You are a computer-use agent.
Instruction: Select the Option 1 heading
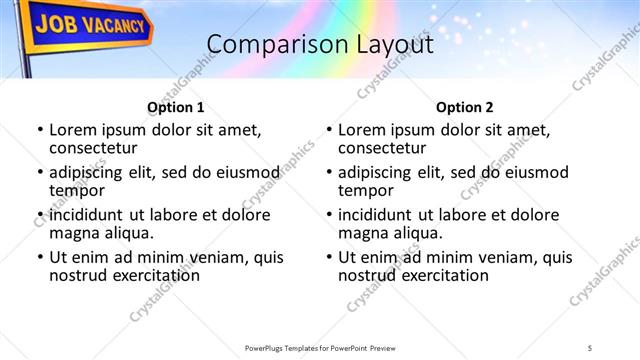(x=175, y=107)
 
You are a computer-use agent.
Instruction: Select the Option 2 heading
(x=465, y=107)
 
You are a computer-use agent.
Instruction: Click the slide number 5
(x=590, y=346)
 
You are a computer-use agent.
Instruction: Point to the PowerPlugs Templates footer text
(x=320, y=346)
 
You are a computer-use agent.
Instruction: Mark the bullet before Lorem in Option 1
(x=40, y=130)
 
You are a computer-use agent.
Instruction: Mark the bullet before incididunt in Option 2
(x=329, y=215)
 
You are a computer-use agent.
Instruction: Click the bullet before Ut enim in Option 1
(x=40, y=257)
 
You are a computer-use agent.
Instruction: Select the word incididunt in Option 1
(x=88, y=215)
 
